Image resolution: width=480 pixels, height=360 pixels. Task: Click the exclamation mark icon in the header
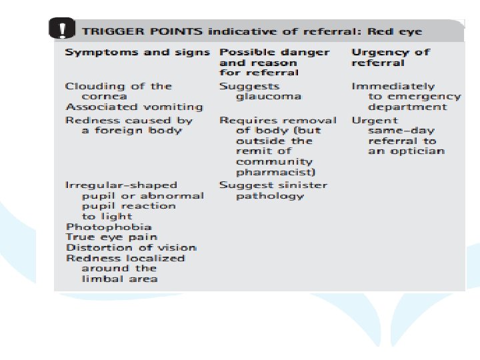pos(62,30)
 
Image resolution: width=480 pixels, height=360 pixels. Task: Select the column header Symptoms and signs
pos(137,52)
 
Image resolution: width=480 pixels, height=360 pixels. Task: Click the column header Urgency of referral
pos(390,57)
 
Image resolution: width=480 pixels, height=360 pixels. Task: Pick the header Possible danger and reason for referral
pos(274,62)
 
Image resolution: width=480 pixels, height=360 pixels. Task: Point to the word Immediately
pos(393,87)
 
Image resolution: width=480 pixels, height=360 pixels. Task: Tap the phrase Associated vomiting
pos(134,107)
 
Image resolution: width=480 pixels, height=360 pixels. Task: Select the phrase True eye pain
pos(111,237)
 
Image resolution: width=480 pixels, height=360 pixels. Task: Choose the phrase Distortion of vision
pos(131,247)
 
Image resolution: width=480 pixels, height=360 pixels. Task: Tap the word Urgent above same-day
pos(370,121)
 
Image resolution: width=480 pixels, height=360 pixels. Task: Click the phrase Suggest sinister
pos(273,185)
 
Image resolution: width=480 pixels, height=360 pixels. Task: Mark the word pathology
pos(269,196)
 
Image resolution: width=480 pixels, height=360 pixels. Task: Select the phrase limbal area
pos(119,279)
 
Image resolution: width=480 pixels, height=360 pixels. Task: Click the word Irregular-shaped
pos(121,185)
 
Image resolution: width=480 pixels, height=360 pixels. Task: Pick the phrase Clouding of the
pos(118,87)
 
